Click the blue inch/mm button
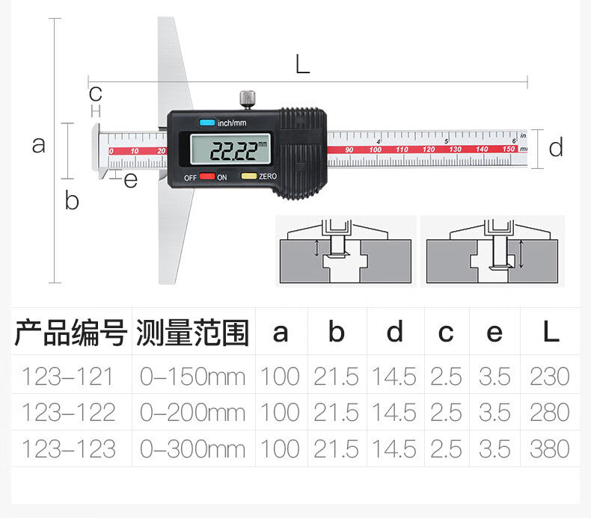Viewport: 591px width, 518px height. pyautogui.click(x=206, y=123)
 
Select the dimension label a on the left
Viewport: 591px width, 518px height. pyautogui.click(x=38, y=144)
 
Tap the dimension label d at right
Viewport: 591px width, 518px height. pyautogui.click(x=556, y=148)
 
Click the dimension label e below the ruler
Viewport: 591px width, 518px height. pyautogui.click(x=131, y=180)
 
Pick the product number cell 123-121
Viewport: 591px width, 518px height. pyautogui.click(x=68, y=376)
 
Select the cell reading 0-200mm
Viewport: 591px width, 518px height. pyautogui.click(x=193, y=412)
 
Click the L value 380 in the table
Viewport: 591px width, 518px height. pyautogui.click(x=550, y=448)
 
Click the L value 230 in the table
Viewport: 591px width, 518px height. pyautogui.click(x=550, y=376)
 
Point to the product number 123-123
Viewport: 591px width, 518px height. pyautogui.click(x=68, y=448)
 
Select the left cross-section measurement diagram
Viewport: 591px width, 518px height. pyautogui.click(x=346, y=250)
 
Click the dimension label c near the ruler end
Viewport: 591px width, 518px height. pyautogui.click(x=95, y=94)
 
